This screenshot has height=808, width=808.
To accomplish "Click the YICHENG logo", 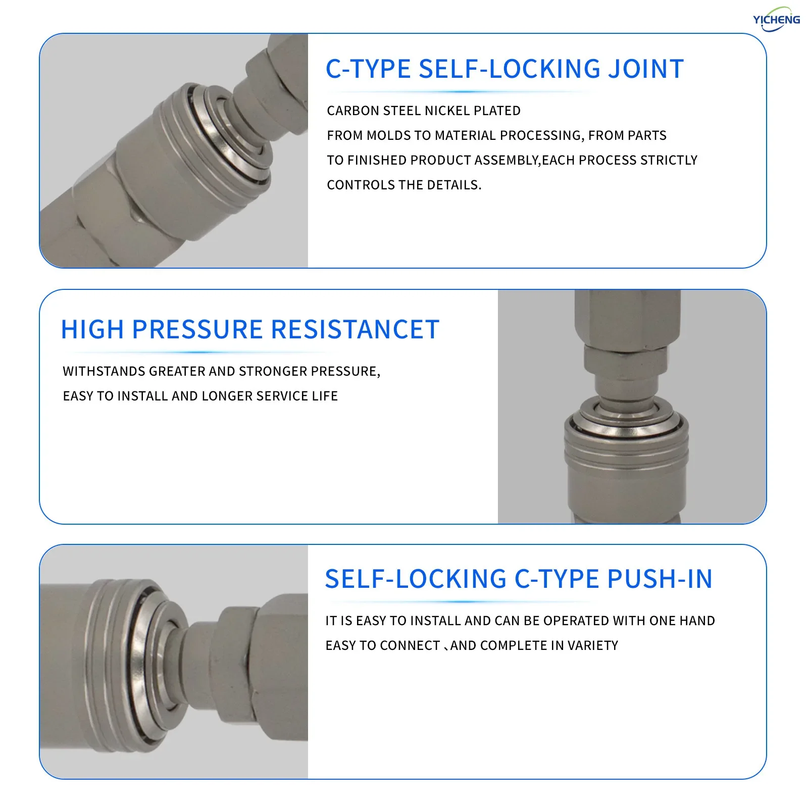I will tap(776, 19).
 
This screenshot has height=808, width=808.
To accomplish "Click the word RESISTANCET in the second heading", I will tap(355, 330).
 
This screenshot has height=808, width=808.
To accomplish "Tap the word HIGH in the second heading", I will tap(92, 330).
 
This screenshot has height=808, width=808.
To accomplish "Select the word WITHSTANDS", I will tap(104, 371).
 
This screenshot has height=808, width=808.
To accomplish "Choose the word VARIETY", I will tap(592, 645).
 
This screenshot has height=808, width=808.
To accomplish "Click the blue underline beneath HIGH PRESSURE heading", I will tap(197, 352).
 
